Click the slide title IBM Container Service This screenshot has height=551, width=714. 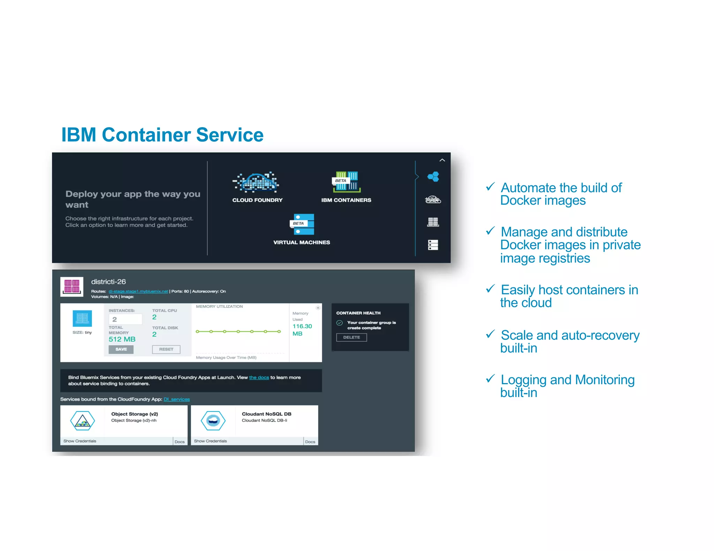tap(162, 135)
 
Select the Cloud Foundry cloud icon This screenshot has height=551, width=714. tap(257, 182)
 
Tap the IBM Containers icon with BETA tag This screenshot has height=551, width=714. tap(347, 182)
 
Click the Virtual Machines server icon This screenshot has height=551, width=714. tap(302, 224)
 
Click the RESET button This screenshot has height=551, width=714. tap(166, 349)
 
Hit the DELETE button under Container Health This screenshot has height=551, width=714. tap(351, 337)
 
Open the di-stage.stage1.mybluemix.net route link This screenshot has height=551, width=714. tap(138, 291)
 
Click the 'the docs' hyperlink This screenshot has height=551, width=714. tap(259, 378)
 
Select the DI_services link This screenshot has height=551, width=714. tap(177, 399)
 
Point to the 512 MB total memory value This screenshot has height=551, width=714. tap(122, 339)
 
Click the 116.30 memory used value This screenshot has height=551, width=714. tap(302, 326)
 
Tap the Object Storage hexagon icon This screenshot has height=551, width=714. tap(83, 421)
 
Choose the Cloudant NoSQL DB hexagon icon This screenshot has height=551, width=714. tap(213, 421)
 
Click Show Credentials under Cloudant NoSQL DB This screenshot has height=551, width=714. tap(210, 441)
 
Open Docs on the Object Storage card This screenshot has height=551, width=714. tap(180, 442)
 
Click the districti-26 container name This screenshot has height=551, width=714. tap(108, 282)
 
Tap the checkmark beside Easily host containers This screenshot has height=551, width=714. tap(490, 289)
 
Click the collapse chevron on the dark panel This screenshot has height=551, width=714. tap(442, 160)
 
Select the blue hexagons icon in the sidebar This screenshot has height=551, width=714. tap(433, 177)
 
